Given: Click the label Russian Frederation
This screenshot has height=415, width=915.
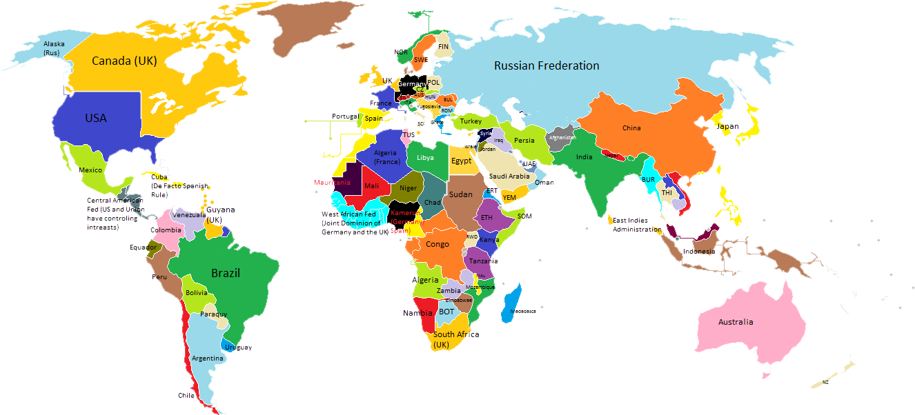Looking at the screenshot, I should pyautogui.click(x=547, y=65).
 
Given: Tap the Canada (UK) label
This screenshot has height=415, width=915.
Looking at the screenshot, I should pyautogui.click(x=124, y=61).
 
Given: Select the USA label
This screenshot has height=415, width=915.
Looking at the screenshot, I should pyautogui.click(x=96, y=118).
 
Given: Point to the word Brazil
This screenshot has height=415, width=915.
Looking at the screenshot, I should pyautogui.click(x=226, y=273).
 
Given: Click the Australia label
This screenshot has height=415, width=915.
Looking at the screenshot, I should pyautogui.click(x=736, y=322).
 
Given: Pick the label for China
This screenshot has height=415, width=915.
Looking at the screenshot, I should pyautogui.click(x=631, y=128).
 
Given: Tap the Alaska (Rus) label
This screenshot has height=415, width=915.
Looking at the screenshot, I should pyautogui.click(x=54, y=48).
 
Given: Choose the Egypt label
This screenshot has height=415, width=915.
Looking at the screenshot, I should pyautogui.click(x=461, y=161).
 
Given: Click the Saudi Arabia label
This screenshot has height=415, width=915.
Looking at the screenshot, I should pyautogui.click(x=509, y=176).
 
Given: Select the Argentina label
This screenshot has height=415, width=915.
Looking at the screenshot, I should pyautogui.click(x=207, y=358).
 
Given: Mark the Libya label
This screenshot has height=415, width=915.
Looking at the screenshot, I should pyautogui.click(x=426, y=158).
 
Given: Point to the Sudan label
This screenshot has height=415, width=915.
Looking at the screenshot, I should pyautogui.click(x=461, y=194).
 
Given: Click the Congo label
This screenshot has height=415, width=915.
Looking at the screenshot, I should pyautogui.click(x=437, y=244).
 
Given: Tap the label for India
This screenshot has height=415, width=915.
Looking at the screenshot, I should pyautogui.click(x=584, y=157).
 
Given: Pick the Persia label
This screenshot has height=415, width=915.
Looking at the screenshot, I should pyautogui.click(x=524, y=141).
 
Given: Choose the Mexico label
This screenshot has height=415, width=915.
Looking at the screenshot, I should pyautogui.click(x=90, y=170).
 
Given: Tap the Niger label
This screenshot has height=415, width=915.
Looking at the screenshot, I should pyautogui.click(x=409, y=188).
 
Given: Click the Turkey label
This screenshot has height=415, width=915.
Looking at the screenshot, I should pyautogui.click(x=471, y=121).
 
